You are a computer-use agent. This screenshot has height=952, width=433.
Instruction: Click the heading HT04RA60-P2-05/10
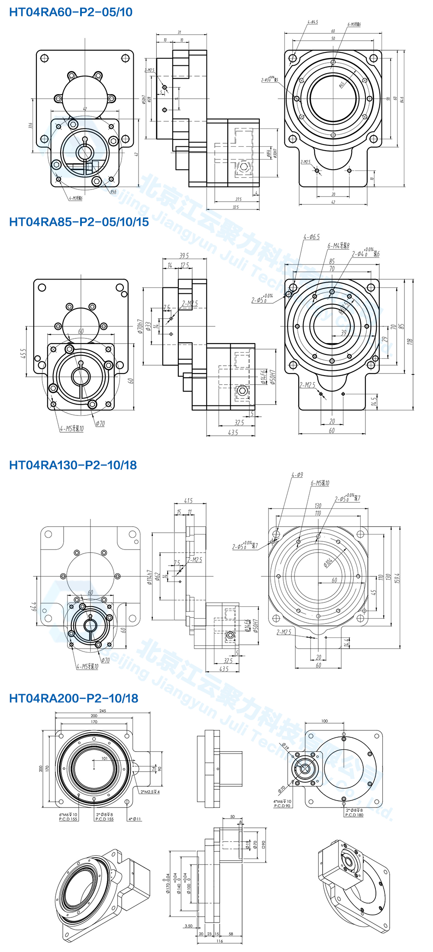click(x=71, y=12)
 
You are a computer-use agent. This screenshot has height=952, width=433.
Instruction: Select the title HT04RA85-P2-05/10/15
click(x=79, y=222)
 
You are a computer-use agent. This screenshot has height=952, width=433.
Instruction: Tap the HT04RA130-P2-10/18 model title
click(x=73, y=465)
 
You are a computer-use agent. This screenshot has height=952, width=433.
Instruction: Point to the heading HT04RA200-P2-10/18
click(x=74, y=698)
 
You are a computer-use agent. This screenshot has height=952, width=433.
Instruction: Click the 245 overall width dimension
click(x=103, y=711)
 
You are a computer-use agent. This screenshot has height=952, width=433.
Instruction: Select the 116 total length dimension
click(x=220, y=941)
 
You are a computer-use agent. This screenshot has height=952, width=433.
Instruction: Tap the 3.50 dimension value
click(x=188, y=926)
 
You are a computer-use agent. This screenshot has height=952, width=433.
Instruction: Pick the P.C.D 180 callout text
click(x=354, y=815)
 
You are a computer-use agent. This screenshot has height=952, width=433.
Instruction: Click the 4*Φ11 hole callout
click(x=135, y=819)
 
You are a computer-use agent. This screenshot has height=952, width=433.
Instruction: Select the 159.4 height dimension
click(x=397, y=578)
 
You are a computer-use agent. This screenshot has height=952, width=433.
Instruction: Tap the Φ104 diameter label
click(x=328, y=562)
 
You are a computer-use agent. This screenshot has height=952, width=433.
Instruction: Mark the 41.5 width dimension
click(x=188, y=501)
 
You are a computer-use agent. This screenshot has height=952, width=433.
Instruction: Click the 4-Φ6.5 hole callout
click(x=312, y=237)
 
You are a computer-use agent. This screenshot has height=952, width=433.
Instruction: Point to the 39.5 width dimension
click(x=184, y=256)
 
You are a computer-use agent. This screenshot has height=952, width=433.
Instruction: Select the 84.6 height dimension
click(x=402, y=100)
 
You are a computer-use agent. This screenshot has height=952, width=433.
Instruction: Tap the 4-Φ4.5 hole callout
click(x=313, y=22)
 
